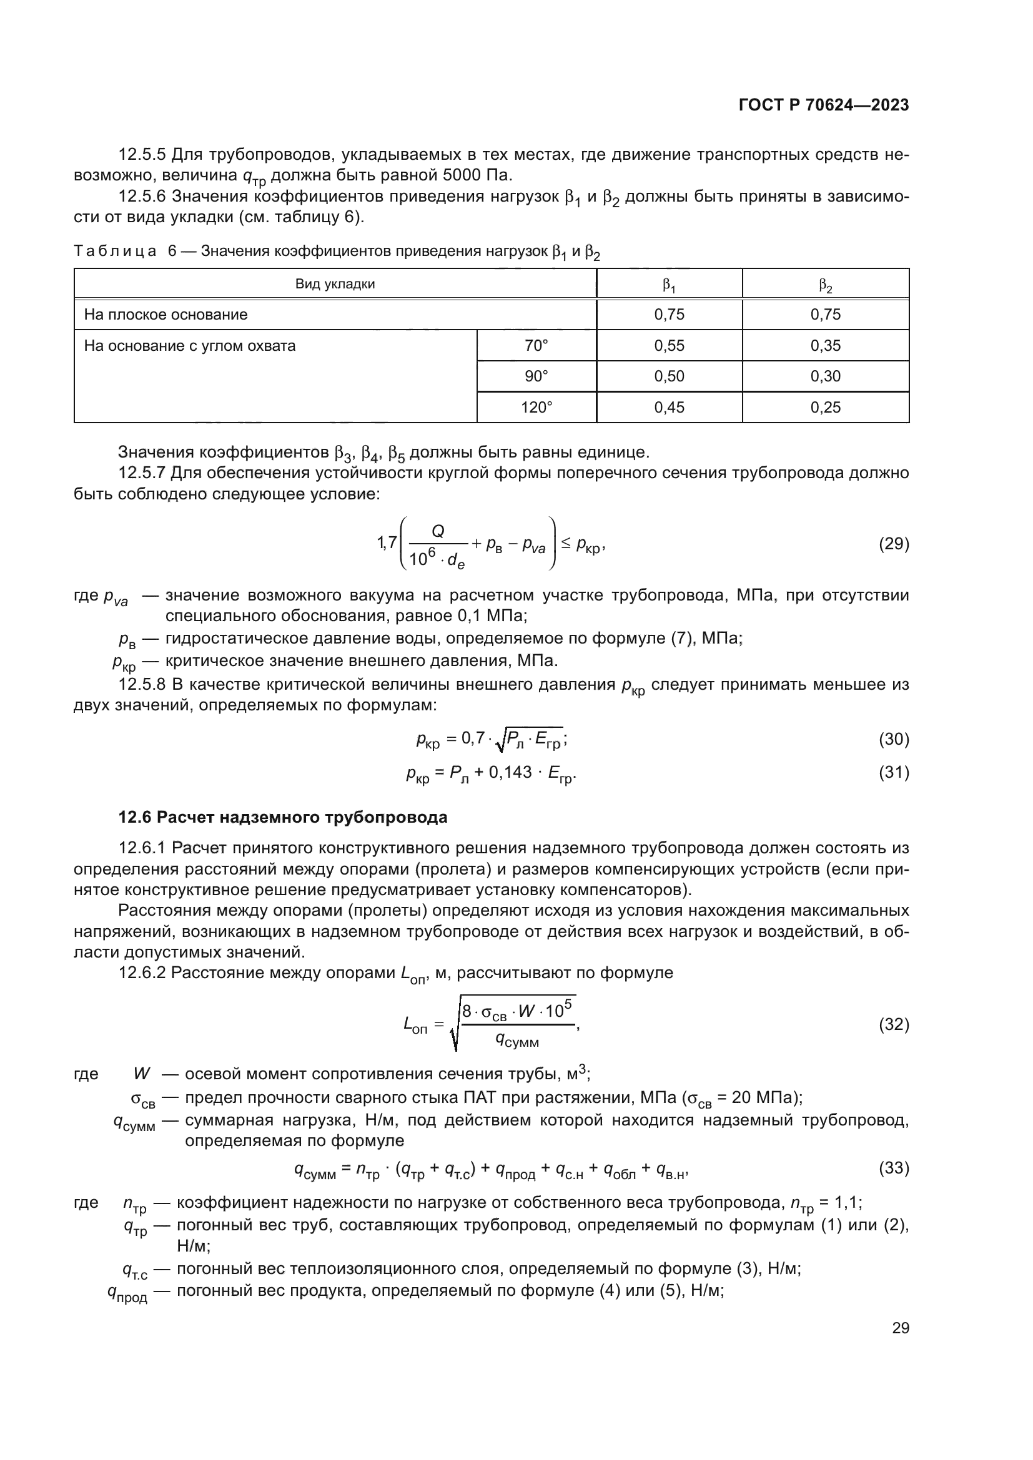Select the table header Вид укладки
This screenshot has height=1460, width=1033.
[335, 284]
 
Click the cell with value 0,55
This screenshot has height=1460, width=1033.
[669, 346]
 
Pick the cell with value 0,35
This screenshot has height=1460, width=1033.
[825, 346]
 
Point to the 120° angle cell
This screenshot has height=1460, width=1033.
[536, 408]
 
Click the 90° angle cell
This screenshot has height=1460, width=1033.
[536, 376]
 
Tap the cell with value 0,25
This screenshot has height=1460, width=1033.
[825, 408]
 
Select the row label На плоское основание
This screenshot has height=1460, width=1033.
[166, 315]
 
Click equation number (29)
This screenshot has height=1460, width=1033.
[894, 544]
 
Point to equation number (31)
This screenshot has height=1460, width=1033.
[894, 773]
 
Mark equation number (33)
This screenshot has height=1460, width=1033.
[894, 1167]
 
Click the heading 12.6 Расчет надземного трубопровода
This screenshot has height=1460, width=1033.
[282, 817]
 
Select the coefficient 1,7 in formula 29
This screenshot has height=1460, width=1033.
[387, 542]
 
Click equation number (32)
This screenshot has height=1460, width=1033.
[894, 1024]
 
